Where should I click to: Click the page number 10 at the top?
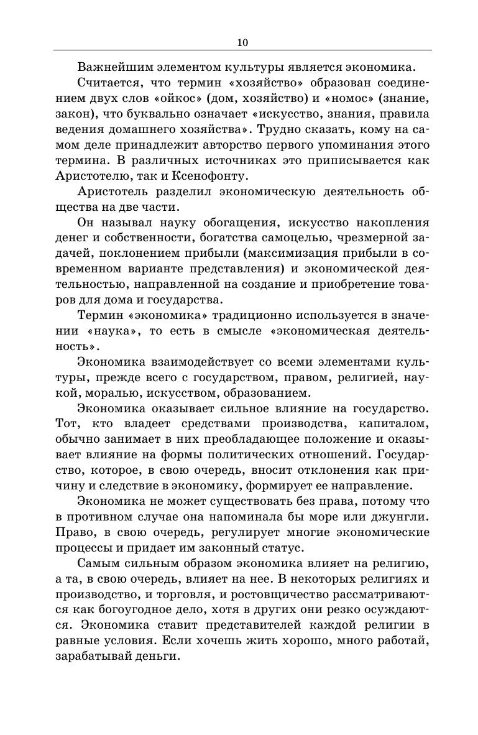pyautogui.click(x=242, y=42)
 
